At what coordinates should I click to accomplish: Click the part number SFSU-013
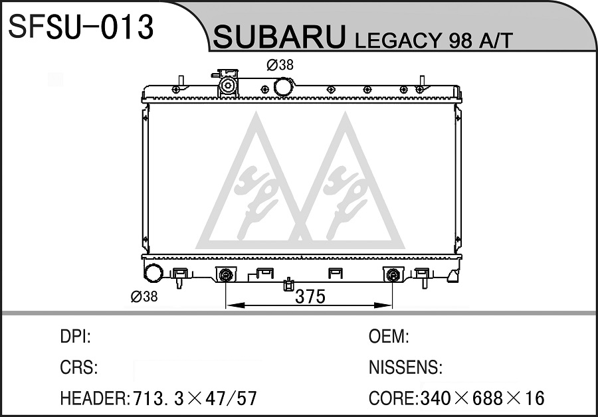(80, 27)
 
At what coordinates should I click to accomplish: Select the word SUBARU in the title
(280, 37)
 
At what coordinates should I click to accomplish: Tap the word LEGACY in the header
(399, 41)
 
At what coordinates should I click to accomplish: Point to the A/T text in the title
(496, 41)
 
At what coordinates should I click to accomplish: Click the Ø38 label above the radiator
(280, 65)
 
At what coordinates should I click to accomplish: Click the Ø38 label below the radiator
(144, 296)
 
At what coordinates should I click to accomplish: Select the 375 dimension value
(310, 297)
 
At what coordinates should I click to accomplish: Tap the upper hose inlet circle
(284, 86)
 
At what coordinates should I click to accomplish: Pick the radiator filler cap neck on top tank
(228, 84)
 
